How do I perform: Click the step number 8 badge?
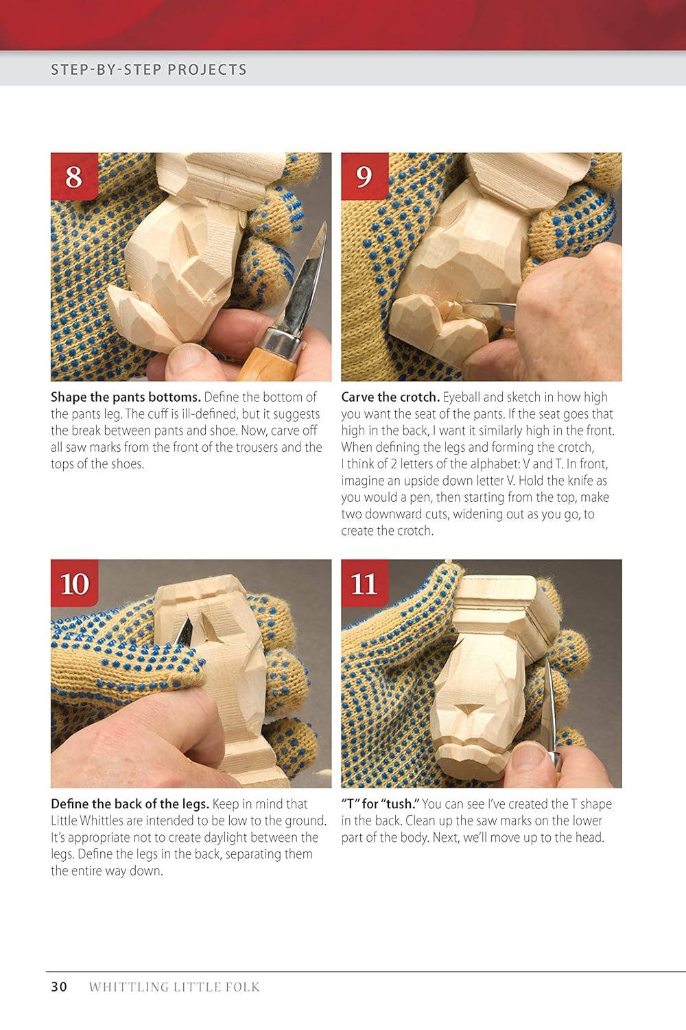[74, 176]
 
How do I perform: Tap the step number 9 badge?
[364, 176]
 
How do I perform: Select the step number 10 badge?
[74, 584]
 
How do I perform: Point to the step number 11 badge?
[364, 584]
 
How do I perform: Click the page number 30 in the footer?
[59, 987]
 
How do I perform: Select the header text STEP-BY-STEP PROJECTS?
[149, 69]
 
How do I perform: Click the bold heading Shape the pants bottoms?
[126, 397]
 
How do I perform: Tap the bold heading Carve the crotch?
[390, 397]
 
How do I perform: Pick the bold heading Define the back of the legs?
[130, 804]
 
